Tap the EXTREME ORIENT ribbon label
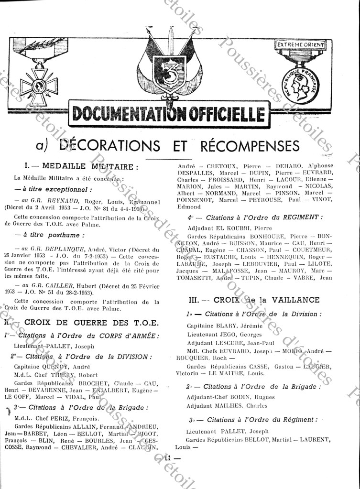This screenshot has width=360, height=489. (x=300, y=45)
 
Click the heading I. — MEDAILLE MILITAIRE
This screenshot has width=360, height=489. (x=82, y=166)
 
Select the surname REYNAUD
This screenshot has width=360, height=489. (x=64, y=201)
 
